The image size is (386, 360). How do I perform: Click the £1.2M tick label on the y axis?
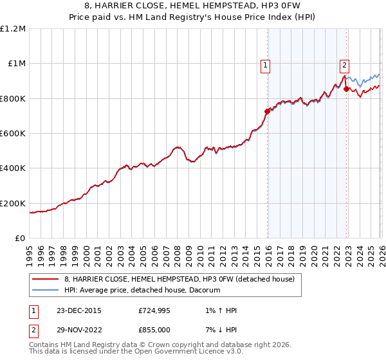[x=14, y=29]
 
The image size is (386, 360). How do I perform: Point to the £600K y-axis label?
[x=13, y=134]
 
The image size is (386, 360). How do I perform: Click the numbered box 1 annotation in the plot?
[x=265, y=64]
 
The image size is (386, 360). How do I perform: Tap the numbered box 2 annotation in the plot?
[x=345, y=64]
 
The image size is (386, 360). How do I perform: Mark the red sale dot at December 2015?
[x=267, y=111]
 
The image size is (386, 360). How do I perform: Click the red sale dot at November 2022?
[x=346, y=89]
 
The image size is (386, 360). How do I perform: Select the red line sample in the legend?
[x=46, y=279]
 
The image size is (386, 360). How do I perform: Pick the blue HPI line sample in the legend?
[x=46, y=290]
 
